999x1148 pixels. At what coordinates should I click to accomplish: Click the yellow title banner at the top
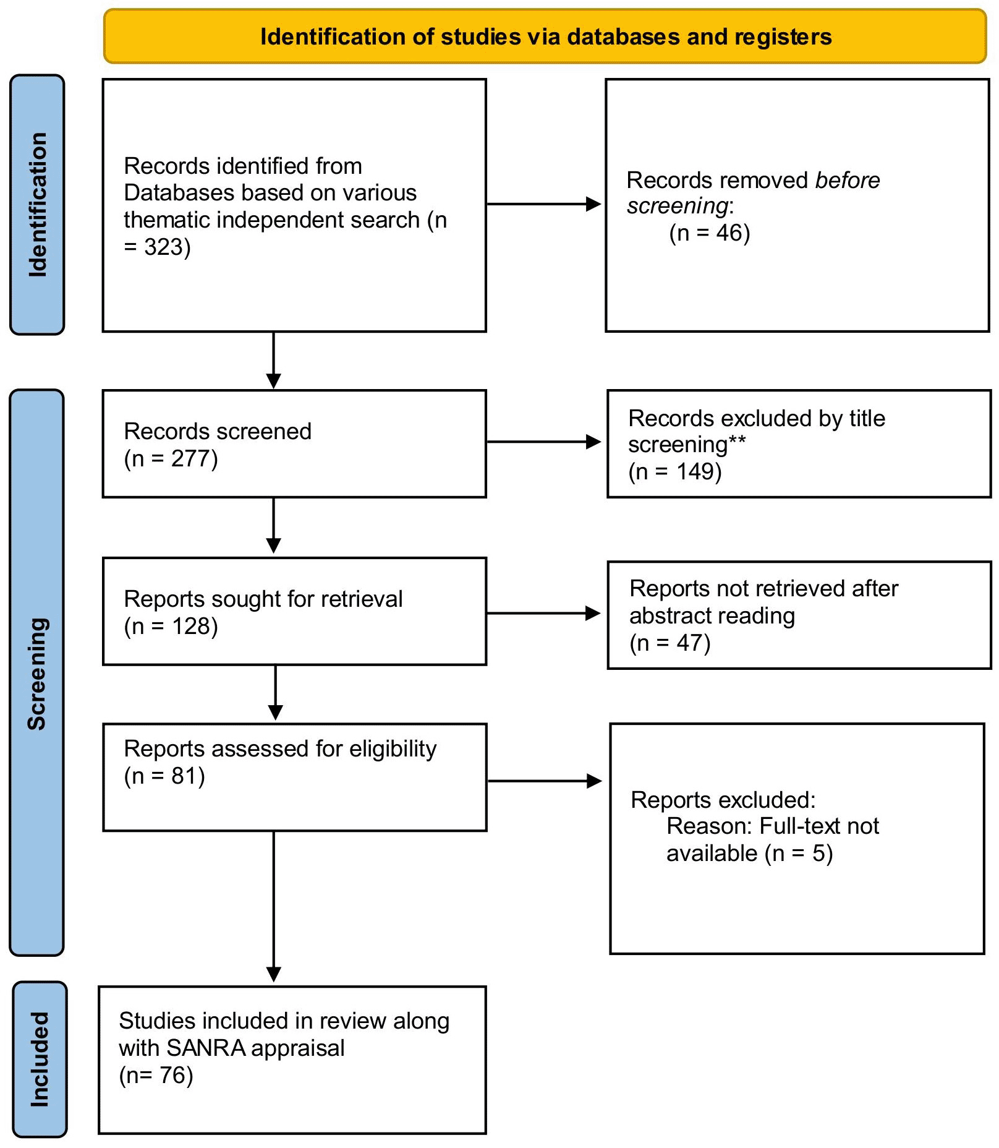[545, 36]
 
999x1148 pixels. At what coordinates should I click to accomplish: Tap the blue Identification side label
[37, 205]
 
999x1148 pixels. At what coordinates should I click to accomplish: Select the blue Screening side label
[37, 673]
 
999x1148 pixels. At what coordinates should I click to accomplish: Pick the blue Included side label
[40, 1060]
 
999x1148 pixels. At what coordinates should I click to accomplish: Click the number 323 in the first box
[164, 247]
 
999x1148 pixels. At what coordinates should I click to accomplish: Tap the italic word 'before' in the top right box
[848, 180]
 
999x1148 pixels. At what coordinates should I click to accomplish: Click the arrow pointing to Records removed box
[544, 204]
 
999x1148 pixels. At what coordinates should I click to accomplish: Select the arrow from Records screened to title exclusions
[544, 442]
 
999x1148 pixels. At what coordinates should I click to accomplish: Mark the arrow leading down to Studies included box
[274, 907]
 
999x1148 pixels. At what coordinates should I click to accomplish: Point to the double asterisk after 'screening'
[738, 440]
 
